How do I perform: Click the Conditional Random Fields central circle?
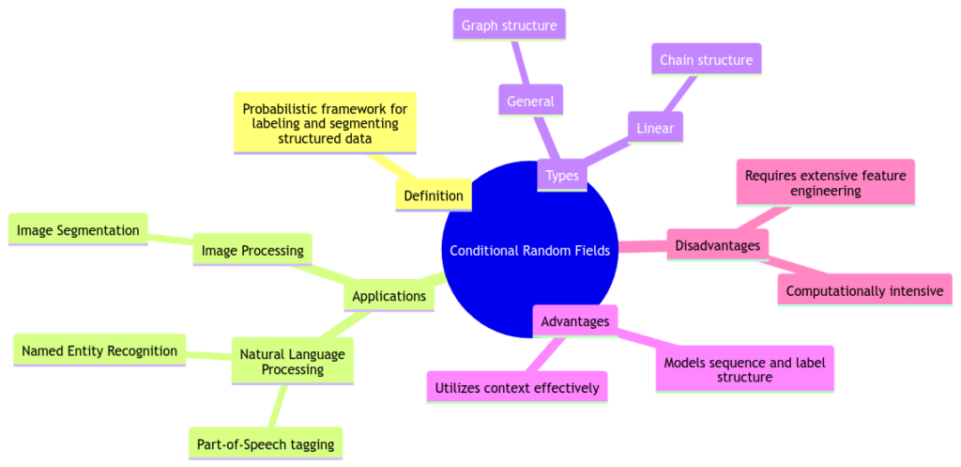pyautogui.click(x=529, y=250)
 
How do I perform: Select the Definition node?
pyautogui.click(x=434, y=195)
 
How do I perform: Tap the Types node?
pyautogui.click(x=562, y=175)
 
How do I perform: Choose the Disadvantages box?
pyautogui.click(x=718, y=245)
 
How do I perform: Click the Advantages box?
pyautogui.click(x=575, y=321)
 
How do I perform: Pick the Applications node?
pyautogui.click(x=389, y=296)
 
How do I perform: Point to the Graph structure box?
pyautogui.click(x=509, y=24)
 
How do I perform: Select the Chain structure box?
pyautogui.click(x=706, y=59)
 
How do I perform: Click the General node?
pyautogui.click(x=530, y=101)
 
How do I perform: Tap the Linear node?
pyautogui.click(x=655, y=127)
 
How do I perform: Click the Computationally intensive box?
pyautogui.click(x=864, y=290)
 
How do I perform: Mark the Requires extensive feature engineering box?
pyautogui.click(x=825, y=182)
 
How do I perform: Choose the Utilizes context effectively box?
pyautogui.click(x=517, y=387)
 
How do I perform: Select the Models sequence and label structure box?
pyautogui.click(x=743, y=369)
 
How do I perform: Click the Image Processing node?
pyautogui.click(x=252, y=250)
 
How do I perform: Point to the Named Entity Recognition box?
pyautogui.click(x=99, y=350)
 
